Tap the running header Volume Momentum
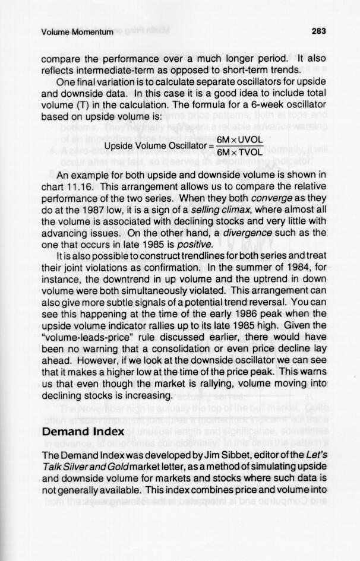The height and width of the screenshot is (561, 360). (77, 32)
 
